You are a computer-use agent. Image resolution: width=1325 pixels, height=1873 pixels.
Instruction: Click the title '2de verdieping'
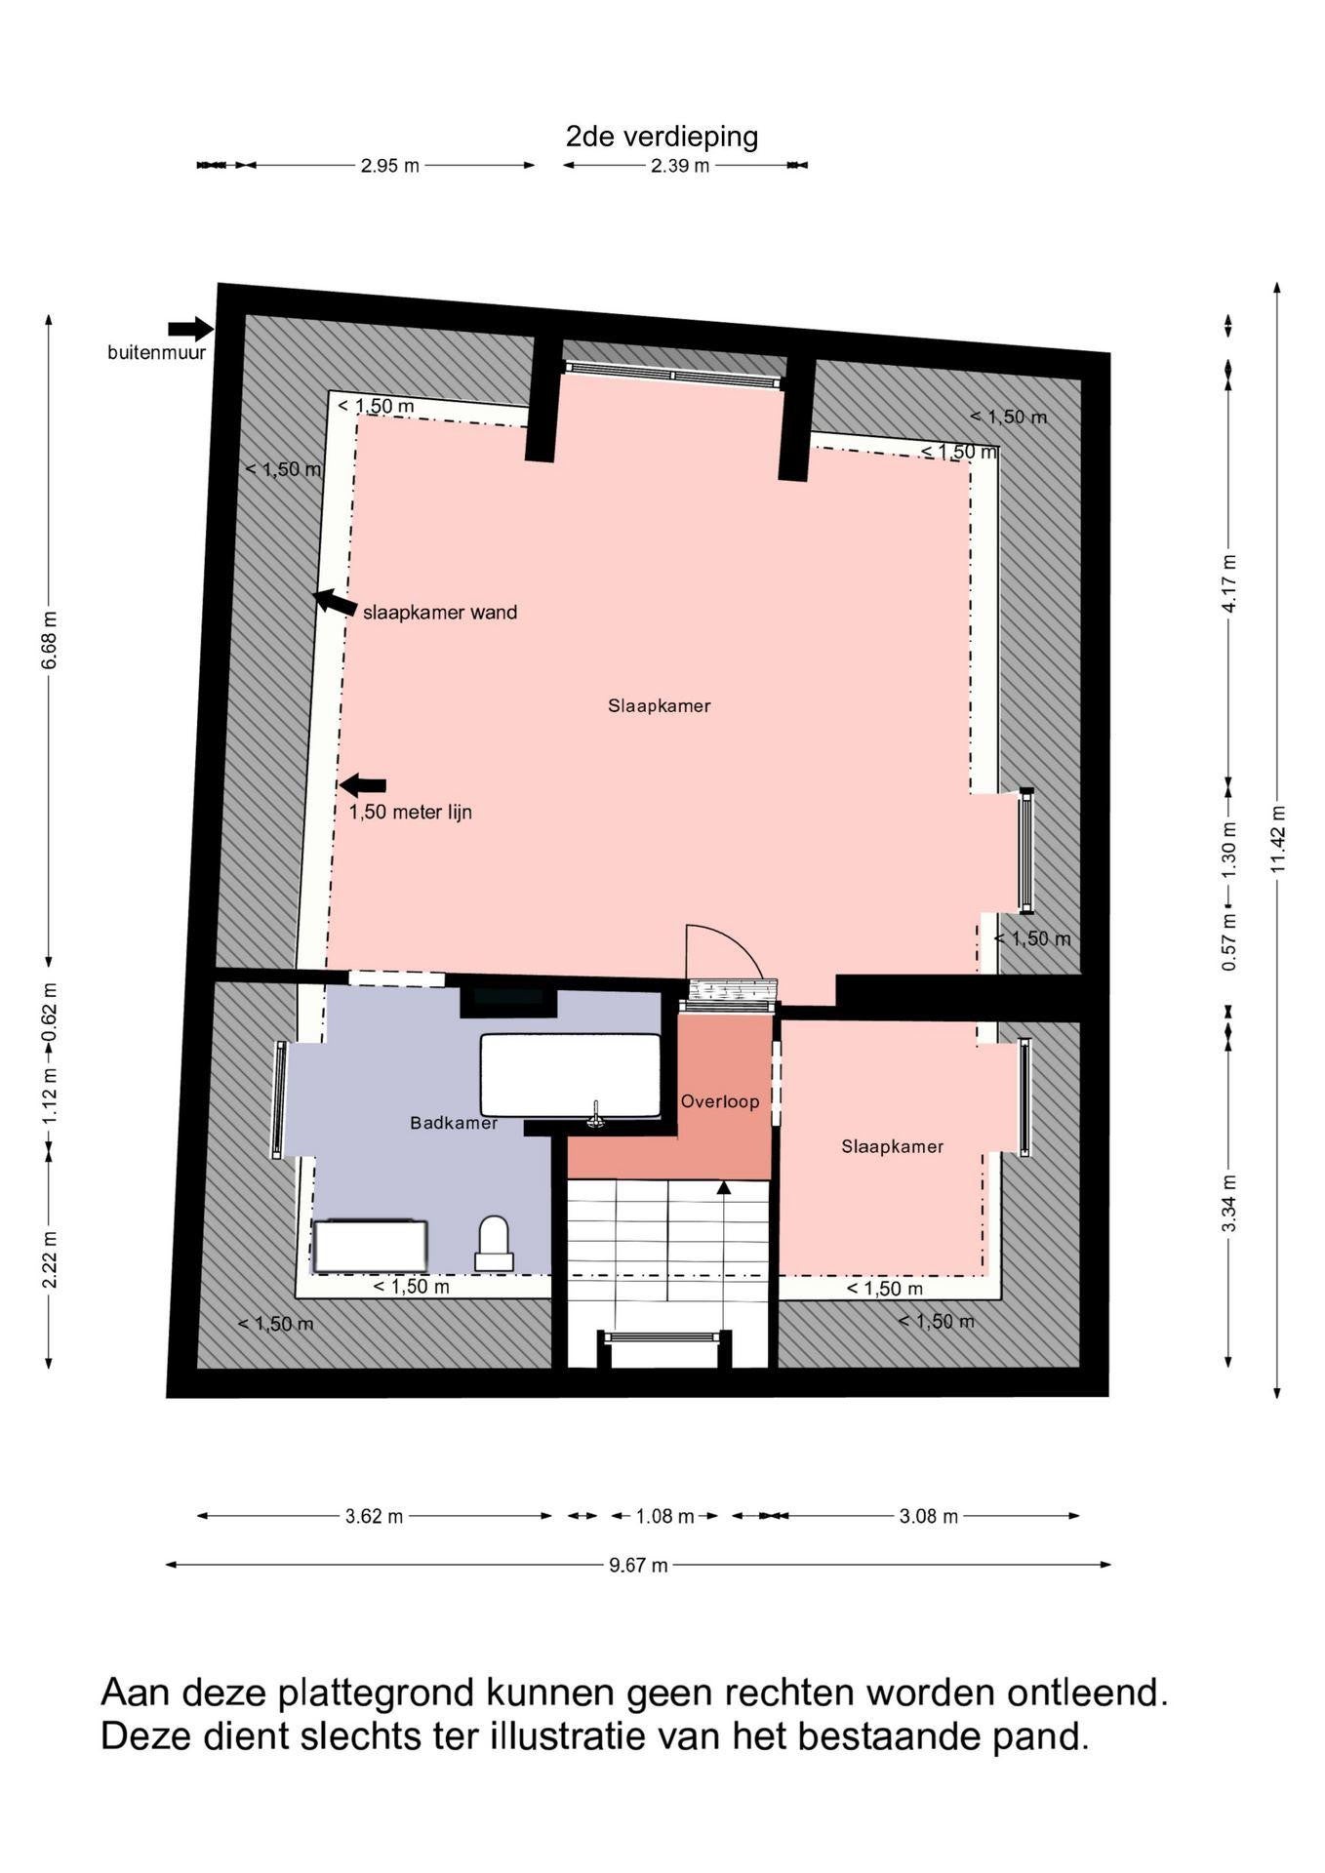[x=662, y=137]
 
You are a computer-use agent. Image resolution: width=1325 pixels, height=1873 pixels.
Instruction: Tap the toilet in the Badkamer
[x=494, y=1243]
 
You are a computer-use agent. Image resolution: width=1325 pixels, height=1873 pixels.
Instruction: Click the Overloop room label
[x=720, y=1101]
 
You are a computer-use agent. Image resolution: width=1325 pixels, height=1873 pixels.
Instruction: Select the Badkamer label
[x=454, y=1123]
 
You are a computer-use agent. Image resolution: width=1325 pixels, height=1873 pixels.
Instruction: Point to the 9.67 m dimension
[x=639, y=1566]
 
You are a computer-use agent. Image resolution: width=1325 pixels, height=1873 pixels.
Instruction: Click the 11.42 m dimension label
[x=1279, y=840]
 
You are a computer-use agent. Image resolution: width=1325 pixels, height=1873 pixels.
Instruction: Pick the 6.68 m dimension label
[x=50, y=640]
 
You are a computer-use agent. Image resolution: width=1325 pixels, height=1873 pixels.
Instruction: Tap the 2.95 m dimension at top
[x=390, y=166]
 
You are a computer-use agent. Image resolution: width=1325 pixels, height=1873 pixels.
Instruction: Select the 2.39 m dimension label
[x=680, y=166]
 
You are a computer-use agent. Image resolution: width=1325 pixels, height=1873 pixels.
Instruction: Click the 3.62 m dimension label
[x=375, y=1517]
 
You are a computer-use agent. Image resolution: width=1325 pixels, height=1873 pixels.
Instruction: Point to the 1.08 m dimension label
[x=665, y=1517]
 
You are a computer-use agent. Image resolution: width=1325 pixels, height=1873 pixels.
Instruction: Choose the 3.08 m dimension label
[x=929, y=1517]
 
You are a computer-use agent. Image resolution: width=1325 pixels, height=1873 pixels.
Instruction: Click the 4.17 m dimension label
[x=1229, y=583]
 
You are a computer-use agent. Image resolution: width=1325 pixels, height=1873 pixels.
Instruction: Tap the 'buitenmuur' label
[x=157, y=353]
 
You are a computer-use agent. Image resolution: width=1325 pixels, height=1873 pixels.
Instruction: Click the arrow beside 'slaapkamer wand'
[x=336, y=603]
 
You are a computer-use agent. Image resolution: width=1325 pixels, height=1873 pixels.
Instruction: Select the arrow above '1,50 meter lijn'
[x=363, y=784]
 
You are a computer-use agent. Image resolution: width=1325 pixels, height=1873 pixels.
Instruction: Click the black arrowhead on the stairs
[x=723, y=1187]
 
